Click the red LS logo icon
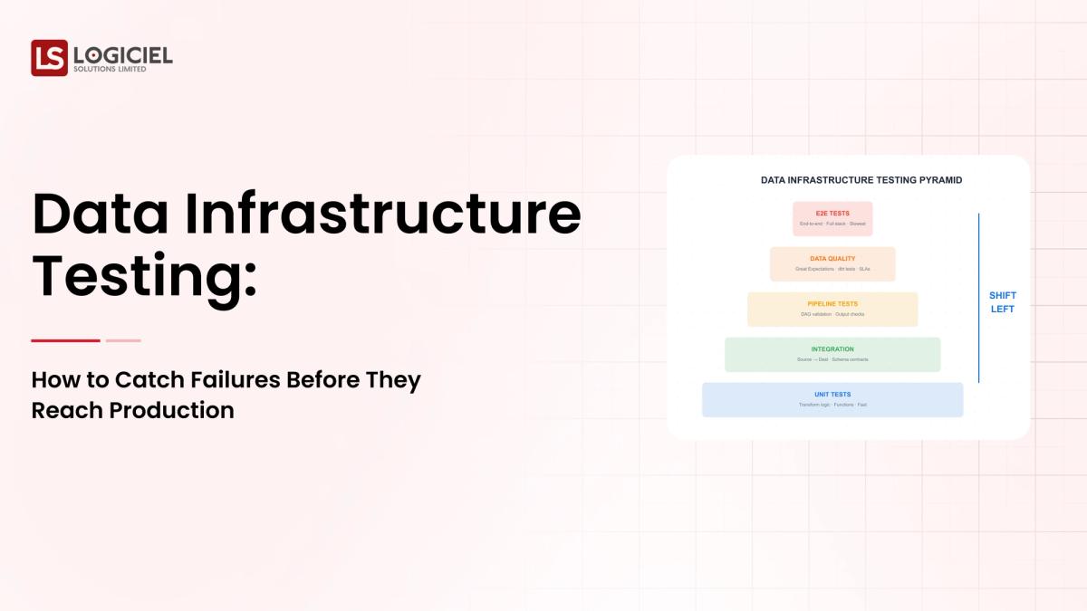(x=49, y=58)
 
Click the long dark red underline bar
(x=65, y=340)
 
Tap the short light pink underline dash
(x=123, y=340)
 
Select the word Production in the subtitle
(x=172, y=410)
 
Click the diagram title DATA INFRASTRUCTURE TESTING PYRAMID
(x=861, y=180)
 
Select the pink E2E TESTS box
(x=832, y=218)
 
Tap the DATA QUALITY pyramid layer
(x=832, y=263)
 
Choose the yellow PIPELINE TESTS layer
(x=832, y=309)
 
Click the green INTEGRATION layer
(x=832, y=354)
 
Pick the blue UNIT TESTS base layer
(x=832, y=399)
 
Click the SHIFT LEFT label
(x=1002, y=302)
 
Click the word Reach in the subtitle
(x=67, y=410)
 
